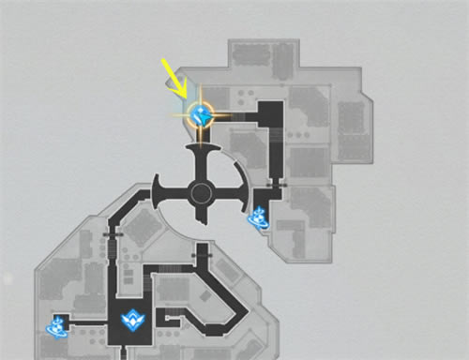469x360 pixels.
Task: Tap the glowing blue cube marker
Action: pos(200,115)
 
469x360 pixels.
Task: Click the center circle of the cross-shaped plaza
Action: pos(201,194)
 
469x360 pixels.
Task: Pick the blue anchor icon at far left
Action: pos(57,325)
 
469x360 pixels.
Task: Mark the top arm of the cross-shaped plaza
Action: pos(201,159)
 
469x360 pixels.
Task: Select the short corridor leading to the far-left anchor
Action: pos(89,322)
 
